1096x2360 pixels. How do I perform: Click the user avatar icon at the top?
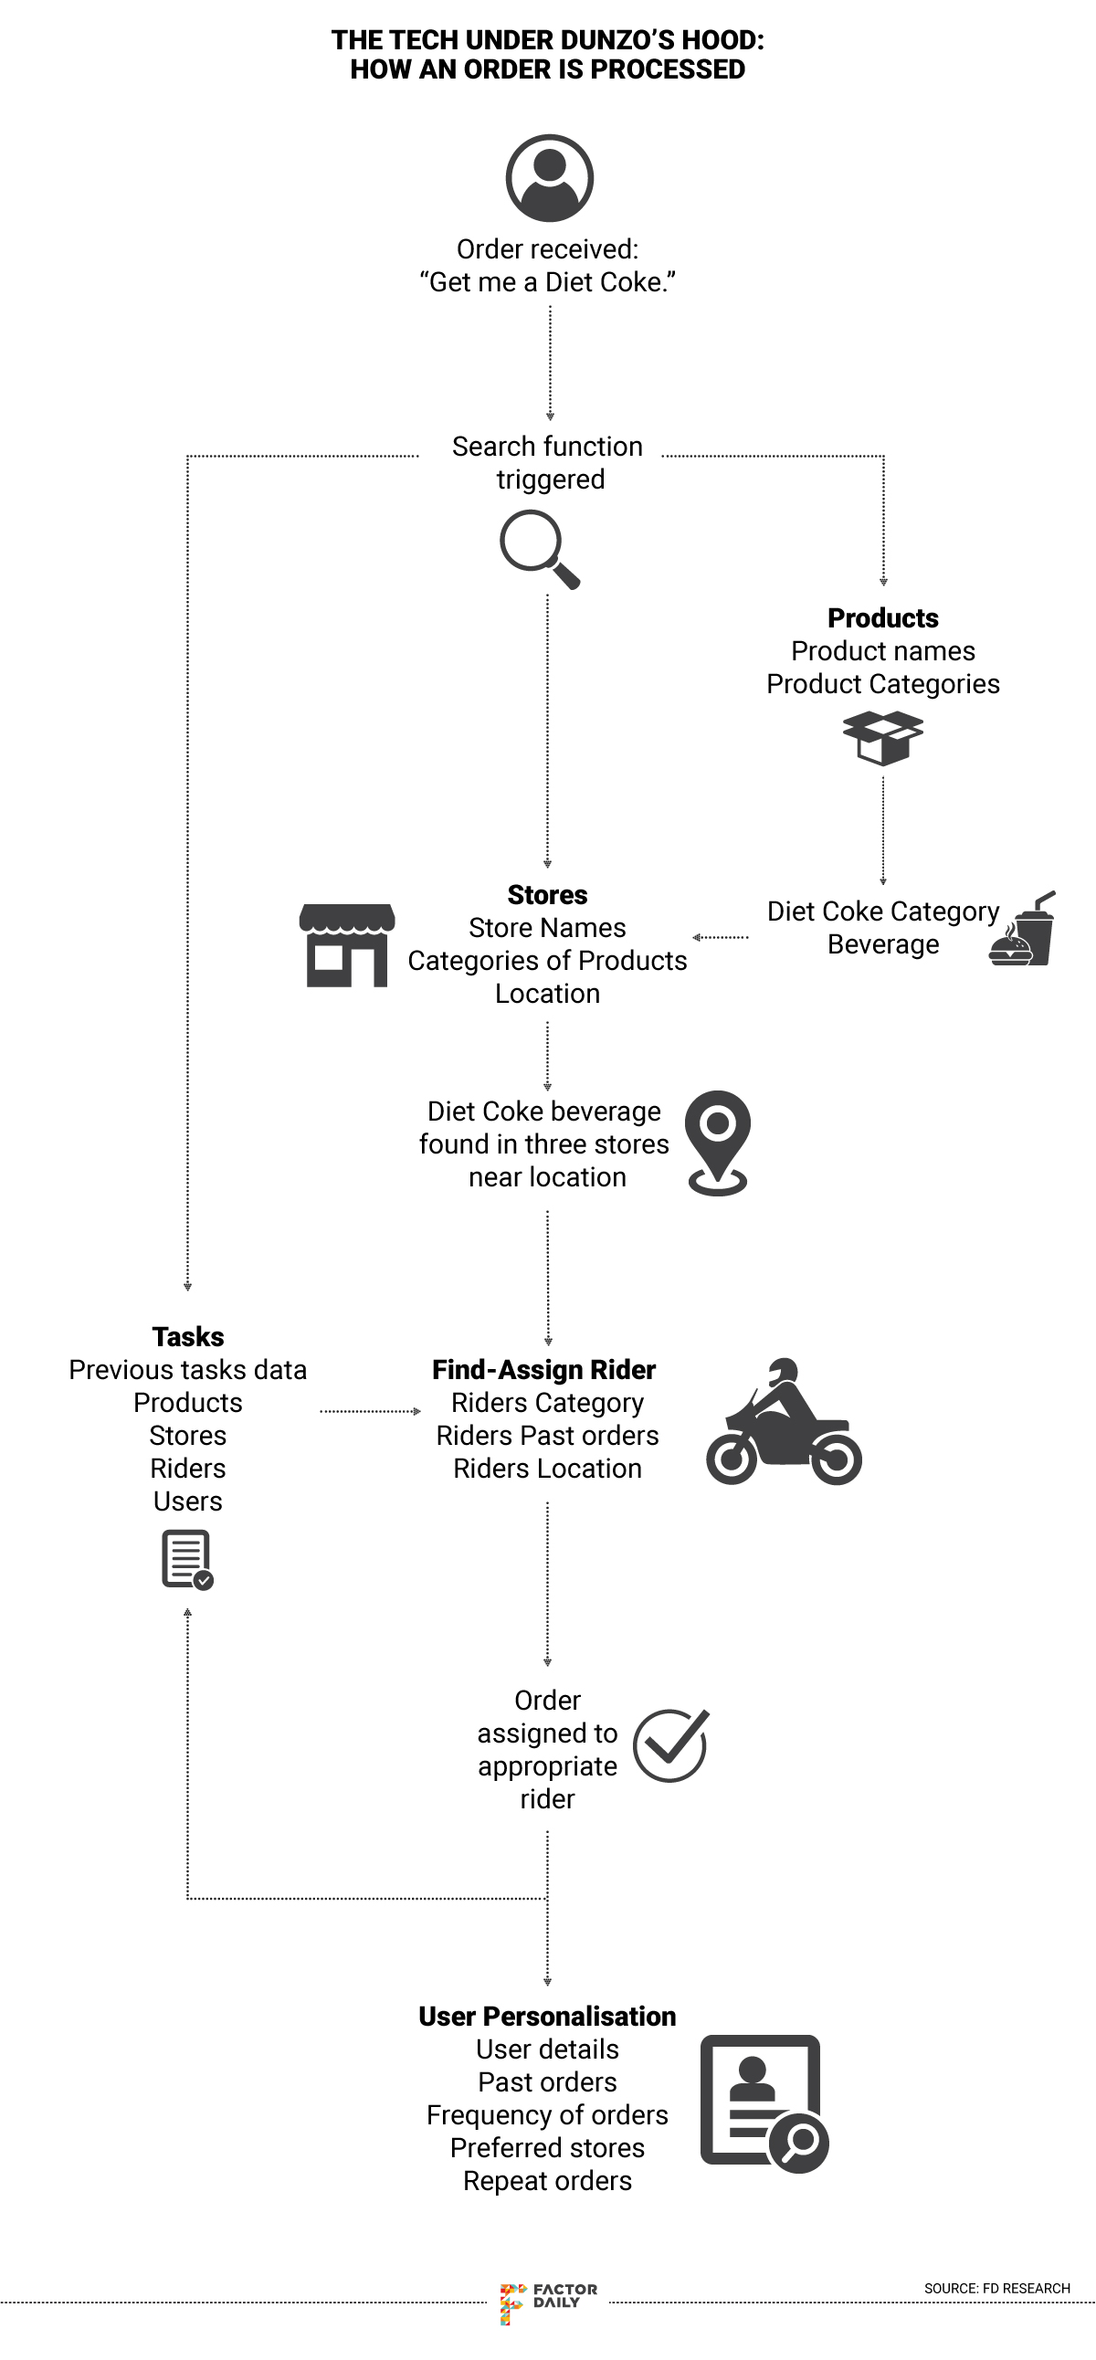[549, 178]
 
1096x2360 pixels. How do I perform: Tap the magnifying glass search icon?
[538, 548]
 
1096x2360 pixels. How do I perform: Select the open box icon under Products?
[882, 739]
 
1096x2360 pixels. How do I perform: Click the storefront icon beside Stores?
[347, 945]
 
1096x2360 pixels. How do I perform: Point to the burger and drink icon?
[1023, 930]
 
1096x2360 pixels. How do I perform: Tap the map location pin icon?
[718, 1142]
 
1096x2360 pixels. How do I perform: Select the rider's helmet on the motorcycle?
[783, 1371]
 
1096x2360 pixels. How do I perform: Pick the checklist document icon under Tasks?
[187, 1559]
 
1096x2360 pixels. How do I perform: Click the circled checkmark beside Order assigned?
[670, 1746]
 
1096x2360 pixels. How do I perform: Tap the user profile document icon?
[764, 2103]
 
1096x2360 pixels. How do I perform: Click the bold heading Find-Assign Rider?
[544, 1370]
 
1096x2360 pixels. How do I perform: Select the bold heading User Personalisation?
[547, 2017]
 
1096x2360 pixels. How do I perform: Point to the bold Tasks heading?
[188, 1337]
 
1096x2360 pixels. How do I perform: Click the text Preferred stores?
[547, 2148]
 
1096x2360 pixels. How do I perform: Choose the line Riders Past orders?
[547, 1436]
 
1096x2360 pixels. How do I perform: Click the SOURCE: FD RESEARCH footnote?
[996, 2289]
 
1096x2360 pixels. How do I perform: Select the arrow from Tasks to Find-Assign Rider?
[369, 1411]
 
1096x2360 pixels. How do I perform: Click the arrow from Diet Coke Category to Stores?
[721, 937]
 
